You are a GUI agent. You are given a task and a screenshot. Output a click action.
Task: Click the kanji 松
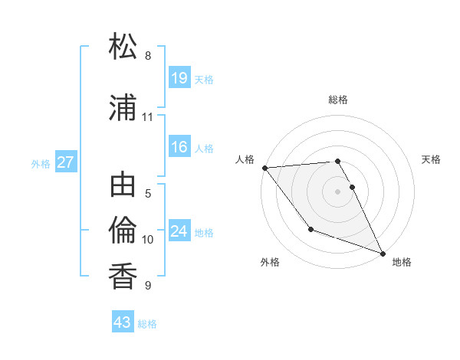[x=123, y=47]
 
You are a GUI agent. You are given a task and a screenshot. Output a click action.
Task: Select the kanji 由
[x=123, y=186]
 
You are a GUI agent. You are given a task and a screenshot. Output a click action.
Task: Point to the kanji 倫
[x=123, y=229]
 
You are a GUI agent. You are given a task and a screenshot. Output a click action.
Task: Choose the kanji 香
[x=123, y=275]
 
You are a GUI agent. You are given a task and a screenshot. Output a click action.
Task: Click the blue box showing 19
[x=179, y=78]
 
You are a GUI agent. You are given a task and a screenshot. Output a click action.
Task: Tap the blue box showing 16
[x=179, y=147]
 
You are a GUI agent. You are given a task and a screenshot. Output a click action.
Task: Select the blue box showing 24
[x=179, y=231]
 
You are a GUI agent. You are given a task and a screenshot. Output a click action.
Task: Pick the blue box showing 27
[x=66, y=162]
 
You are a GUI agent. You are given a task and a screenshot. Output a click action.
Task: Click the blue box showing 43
[x=123, y=322]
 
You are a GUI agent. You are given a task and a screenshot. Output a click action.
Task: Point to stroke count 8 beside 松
[x=148, y=56]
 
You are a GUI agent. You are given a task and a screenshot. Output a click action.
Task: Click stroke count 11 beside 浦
[x=148, y=117]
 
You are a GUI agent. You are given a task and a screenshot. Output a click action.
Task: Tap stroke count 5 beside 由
[x=148, y=194]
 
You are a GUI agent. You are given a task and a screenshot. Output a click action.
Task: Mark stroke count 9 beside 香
[x=148, y=286]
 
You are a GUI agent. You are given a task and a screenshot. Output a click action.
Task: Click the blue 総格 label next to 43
[x=147, y=324]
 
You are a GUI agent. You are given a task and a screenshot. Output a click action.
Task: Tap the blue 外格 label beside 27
[x=41, y=164]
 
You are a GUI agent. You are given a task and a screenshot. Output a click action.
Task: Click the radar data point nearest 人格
[x=264, y=168]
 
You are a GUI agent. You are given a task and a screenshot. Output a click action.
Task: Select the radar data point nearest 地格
[x=383, y=253]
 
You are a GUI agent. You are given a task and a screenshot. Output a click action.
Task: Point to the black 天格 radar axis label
[x=432, y=159]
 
